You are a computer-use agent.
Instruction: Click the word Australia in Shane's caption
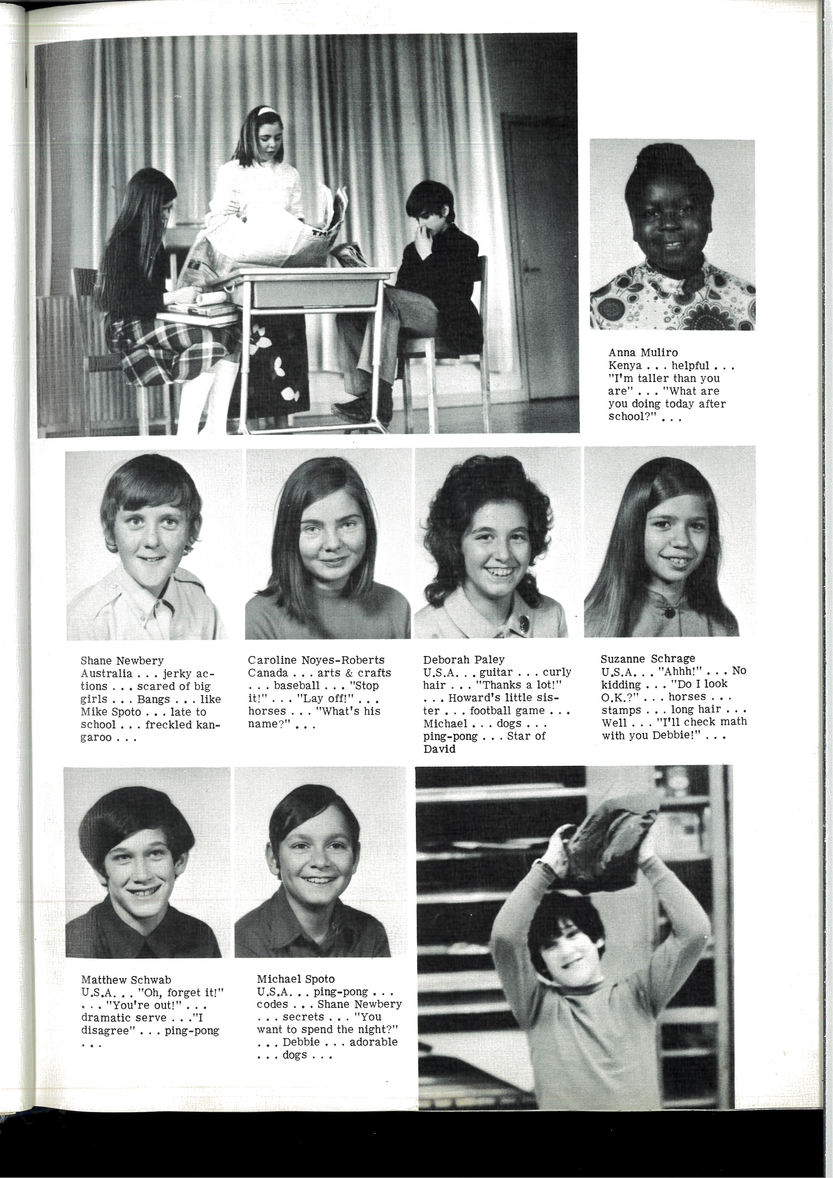106,674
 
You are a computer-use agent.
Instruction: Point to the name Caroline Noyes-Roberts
316,660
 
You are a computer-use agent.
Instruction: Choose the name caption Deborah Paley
464,660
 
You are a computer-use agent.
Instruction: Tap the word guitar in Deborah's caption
496,672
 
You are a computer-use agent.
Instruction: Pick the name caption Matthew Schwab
126,980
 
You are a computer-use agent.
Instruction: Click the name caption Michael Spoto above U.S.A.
296,979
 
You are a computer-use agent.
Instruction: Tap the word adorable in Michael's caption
373,1042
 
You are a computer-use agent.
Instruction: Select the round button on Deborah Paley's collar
523,623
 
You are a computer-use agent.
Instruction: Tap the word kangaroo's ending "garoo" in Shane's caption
95,738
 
